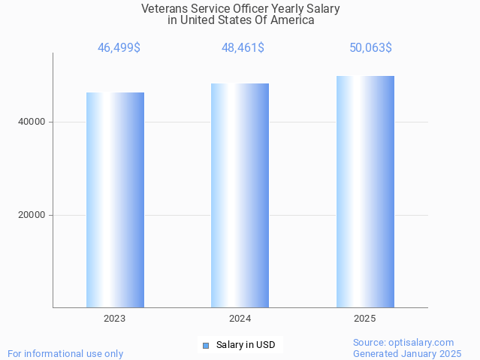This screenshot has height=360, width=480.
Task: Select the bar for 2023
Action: tap(115, 200)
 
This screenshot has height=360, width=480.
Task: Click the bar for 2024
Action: tap(240, 195)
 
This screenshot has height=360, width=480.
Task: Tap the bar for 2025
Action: tap(365, 192)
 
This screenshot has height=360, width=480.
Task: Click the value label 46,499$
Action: tap(119, 48)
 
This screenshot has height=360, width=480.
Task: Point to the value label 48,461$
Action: tap(243, 48)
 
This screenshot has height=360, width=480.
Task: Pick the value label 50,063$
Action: tap(370, 48)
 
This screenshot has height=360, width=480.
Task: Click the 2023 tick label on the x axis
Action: tap(115, 319)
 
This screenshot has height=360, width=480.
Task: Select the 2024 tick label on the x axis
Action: tap(240, 319)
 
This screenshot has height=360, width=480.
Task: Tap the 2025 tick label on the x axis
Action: tap(365, 319)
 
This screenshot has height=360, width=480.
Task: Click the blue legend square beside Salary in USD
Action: tap(205, 346)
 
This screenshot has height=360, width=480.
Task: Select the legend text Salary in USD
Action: tap(246, 346)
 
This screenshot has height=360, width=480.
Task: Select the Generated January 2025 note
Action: tap(407, 353)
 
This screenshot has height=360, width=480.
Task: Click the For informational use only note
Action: tap(65, 353)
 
